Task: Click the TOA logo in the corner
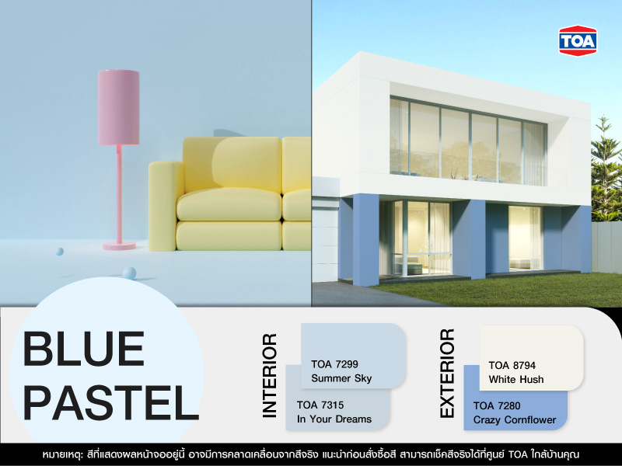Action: pyautogui.click(x=577, y=40)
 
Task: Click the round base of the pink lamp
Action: pyautogui.click(x=119, y=245)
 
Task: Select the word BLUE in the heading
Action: pyautogui.click(x=84, y=350)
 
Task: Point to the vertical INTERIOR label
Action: pyautogui.click(x=269, y=376)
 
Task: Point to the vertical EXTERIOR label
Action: pyautogui.click(x=447, y=373)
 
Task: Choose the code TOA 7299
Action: pyautogui.click(x=334, y=363)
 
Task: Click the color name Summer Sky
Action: pyautogui.click(x=341, y=379)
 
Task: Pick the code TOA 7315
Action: pyautogui.click(x=320, y=405)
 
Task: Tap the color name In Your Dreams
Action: pyautogui.click(x=334, y=419)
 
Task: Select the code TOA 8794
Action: pyautogui.click(x=512, y=365)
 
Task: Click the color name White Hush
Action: pyautogui.click(x=516, y=380)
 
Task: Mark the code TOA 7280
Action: pyautogui.click(x=497, y=405)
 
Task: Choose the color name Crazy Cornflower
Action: pyautogui.click(x=515, y=420)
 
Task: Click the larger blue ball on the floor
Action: pyautogui.click(x=129, y=273)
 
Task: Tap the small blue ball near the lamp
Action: pyautogui.click(x=59, y=252)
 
